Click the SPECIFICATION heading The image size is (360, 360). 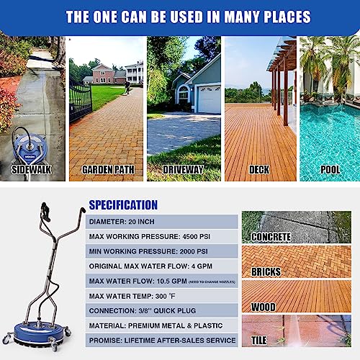tap(123, 205)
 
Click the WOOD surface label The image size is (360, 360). tap(262, 307)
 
